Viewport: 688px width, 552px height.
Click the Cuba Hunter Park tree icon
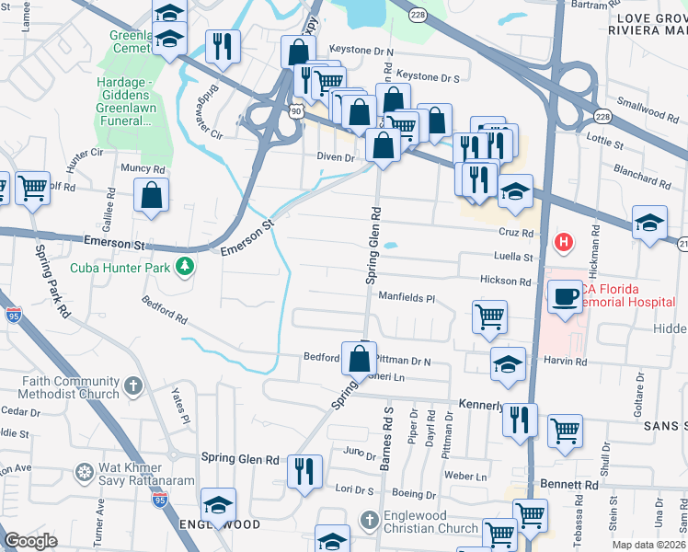[x=186, y=267]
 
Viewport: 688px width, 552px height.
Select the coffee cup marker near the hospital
[x=565, y=296]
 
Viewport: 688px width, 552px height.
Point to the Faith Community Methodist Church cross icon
[x=133, y=386]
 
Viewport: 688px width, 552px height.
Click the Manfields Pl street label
[x=407, y=297]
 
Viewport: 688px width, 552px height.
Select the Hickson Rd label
[x=505, y=281]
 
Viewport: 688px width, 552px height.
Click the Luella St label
[x=513, y=258]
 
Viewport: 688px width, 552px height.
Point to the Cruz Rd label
[x=516, y=234]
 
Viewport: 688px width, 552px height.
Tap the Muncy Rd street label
[x=143, y=169]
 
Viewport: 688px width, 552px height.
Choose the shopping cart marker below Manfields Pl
[x=489, y=316]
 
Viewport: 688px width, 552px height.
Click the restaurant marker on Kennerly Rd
[x=520, y=420]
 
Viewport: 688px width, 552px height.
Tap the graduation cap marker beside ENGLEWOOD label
[x=218, y=505]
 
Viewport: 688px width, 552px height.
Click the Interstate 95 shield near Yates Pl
[x=160, y=499]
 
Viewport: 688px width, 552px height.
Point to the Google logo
[x=31, y=541]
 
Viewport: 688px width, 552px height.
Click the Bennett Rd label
[x=569, y=484]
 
